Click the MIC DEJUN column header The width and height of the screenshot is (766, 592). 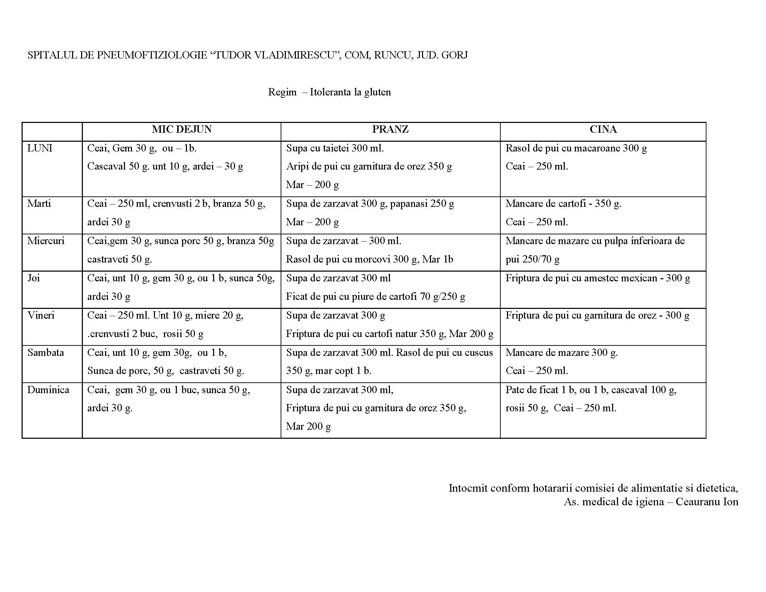pos(182,130)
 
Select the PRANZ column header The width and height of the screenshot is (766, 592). pos(390,130)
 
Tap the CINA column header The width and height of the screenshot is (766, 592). pos(603,130)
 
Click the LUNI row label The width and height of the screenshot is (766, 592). pos(40,148)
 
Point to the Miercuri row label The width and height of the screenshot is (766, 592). pos(46,241)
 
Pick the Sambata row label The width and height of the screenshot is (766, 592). pos(46,352)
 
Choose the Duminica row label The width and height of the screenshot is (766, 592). pos(48,390)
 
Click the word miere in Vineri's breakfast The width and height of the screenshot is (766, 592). pos(207,315)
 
